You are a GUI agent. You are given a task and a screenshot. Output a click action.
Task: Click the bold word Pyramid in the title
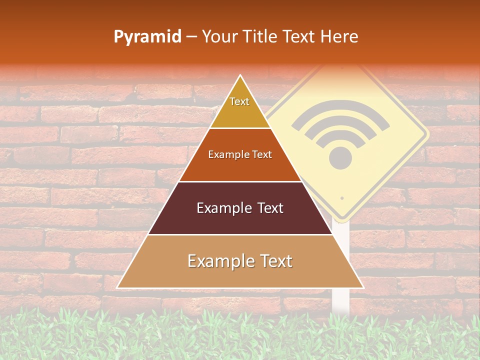tap(147, 37)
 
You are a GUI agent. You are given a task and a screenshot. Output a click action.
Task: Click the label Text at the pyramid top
tap(239, 101)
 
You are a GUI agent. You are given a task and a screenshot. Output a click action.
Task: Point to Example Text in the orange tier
tap(240, 154)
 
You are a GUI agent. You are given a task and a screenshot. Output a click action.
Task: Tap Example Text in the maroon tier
tap(240, 208)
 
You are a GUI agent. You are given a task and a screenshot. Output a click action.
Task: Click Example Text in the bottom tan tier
tap(240, 261)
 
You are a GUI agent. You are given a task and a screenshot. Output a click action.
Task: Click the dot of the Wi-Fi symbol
tap(340, 158)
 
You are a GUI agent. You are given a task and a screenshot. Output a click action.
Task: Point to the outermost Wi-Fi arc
tap(341, 109)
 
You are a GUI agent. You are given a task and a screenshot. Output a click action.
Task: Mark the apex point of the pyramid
tap(240, 75)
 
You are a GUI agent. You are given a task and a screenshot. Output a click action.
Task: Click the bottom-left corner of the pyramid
tap(118, 287)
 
